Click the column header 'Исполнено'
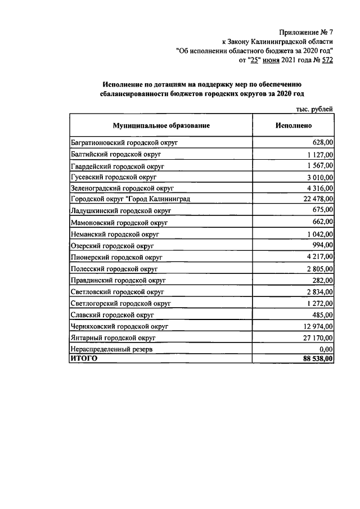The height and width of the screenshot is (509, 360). pos(293,126)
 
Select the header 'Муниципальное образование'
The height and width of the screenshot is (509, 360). pos(161,126)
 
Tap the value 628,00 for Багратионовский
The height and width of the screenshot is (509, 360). pos(323,142)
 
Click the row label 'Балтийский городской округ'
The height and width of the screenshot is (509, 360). pos(116,154)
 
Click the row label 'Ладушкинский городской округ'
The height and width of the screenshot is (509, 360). pos(121,210)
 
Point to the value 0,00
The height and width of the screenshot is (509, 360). pos(326,349)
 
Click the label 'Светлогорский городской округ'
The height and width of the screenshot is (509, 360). pos(121,303)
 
